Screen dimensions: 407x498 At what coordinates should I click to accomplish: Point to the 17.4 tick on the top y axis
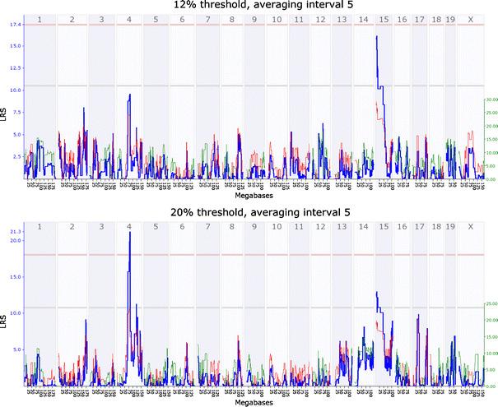(x=14, y=25)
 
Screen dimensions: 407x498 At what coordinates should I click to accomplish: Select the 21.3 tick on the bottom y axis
(x=14, y=233)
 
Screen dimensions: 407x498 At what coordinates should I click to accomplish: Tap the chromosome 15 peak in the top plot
(x=376, y=37)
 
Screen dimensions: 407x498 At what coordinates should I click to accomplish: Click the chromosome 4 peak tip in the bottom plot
(x=129, y=233)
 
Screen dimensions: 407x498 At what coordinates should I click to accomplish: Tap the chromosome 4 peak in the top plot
(x=129, y=95)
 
